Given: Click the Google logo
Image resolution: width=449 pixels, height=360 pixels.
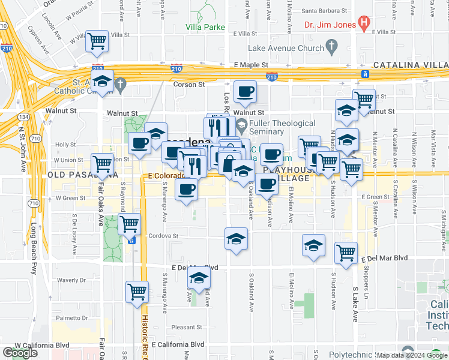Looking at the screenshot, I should coord(20,353).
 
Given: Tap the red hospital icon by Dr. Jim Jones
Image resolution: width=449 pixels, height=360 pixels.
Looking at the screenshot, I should coord(363,24).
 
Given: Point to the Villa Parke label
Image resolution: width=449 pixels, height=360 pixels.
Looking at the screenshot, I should coord(205,27).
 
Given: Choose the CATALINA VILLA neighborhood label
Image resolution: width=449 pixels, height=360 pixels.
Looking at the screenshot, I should coord(411,65).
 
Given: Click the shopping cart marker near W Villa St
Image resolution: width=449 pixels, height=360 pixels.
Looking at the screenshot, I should coord(97,41).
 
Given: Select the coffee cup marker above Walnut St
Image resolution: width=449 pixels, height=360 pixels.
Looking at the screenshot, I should coord(244,92).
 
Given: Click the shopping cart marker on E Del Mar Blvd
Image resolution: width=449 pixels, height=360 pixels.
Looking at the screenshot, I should coord(346,253).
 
